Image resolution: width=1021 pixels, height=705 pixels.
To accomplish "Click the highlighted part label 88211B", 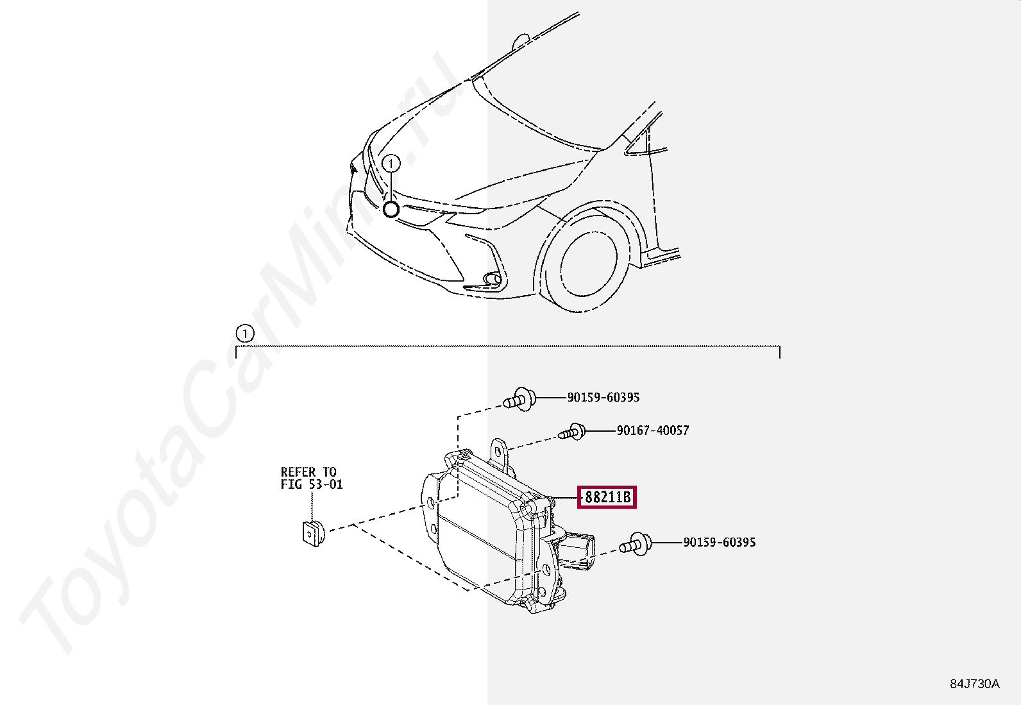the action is [x=607, y=497].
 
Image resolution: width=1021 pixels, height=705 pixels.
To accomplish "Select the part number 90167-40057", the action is [x=653, y=430].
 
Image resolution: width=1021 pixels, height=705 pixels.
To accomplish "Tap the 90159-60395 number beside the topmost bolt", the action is [x=603, y=397].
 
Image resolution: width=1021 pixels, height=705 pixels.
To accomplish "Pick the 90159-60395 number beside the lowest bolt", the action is [x=720, y=542].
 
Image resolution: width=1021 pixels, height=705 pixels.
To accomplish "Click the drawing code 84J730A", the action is [x=975, y=684].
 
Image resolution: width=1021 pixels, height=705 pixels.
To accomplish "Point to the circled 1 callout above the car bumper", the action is [x=391, y=163].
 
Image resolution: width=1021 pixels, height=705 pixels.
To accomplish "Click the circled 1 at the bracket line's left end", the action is [x=245, y=334].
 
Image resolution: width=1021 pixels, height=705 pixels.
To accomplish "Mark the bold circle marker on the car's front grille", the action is [x=391, y=210].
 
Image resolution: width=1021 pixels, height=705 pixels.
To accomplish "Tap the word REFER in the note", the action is [x=298, y=472].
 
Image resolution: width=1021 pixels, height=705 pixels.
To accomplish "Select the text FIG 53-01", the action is [x=312, y=484].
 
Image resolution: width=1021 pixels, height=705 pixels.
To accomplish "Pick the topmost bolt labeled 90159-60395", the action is [x=519, y=400].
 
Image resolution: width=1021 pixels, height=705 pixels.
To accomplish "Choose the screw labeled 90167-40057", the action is [x=571, y=431].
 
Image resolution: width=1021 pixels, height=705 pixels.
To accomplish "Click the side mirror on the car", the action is [x=521, y=42].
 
